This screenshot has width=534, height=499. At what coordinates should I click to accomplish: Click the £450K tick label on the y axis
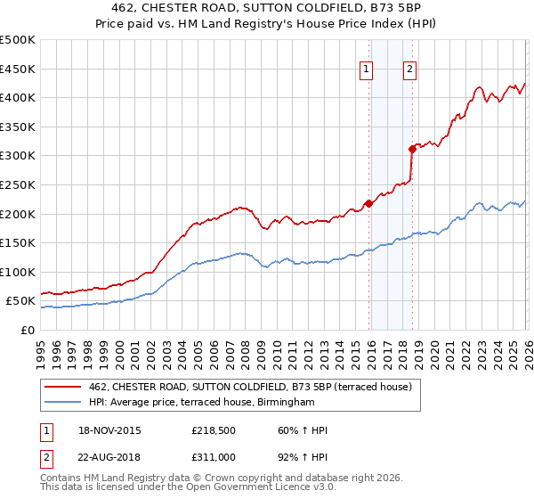coord(18,69)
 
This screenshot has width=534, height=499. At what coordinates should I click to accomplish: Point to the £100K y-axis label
coord(18,272)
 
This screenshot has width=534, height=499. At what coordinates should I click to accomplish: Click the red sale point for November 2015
coord(368,203)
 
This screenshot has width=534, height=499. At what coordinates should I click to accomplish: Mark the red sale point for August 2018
coord(412,149)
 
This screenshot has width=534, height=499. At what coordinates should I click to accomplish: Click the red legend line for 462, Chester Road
coord(62,388)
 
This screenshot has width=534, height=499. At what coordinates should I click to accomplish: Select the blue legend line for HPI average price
coord(62,403)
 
